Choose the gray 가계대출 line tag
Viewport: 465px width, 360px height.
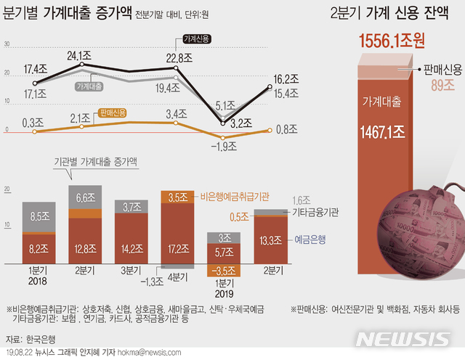(88, 85)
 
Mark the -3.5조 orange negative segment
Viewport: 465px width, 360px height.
(222, 271)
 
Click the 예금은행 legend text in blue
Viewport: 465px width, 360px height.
(311, 238)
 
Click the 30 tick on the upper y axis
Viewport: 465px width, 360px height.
(7, 44)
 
